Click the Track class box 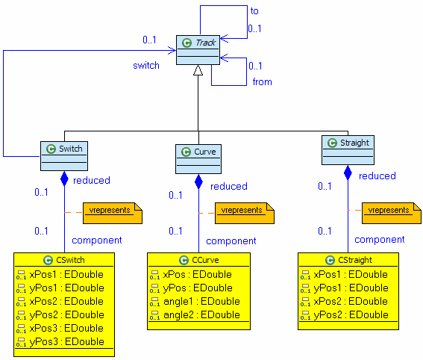click(x=198, y=49)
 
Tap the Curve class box click(x=198, y=158)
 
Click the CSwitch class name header click(x=64, y=260)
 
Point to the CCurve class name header click(x=198, y=260)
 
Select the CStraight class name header click(x=348, y=260)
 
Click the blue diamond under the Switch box click(x=64, y=179)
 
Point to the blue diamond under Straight click(x=348, y=173)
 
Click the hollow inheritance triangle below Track click(x=198, y=71)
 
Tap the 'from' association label click(x=262, y=81)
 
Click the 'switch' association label click(x=146, y=65)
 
